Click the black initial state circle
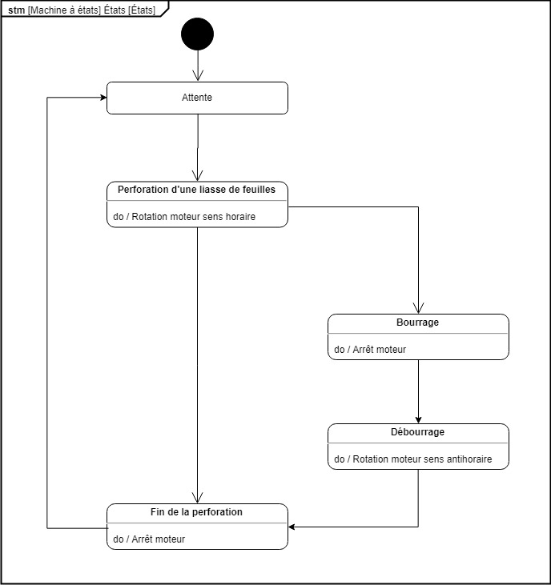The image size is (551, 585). [198, 34]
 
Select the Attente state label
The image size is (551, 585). [197, 98]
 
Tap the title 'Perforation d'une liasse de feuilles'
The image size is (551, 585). [196, 190]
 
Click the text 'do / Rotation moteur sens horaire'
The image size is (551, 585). [184, 216]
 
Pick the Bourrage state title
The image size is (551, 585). [417, 323]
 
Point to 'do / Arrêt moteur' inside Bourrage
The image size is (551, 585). [370, 350]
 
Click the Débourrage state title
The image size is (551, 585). [417, 432]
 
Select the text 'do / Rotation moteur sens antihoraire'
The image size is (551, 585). [413, 459]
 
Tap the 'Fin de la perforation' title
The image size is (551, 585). [196, 512]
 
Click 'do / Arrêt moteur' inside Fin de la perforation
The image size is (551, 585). [149, 539]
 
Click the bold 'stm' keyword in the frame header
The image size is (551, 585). [17, 10]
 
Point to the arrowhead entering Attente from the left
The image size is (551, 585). [104, 98]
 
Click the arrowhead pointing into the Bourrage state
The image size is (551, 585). [418, 309]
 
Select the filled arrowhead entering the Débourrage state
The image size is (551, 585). [418, 420]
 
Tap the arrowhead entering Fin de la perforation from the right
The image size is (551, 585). [292, 527]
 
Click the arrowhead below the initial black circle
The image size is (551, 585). [198, 76]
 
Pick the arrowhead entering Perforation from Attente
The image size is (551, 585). [197, 176]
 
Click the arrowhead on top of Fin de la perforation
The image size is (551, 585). [197, 498]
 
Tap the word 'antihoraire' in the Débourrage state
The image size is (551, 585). [469, 459]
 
